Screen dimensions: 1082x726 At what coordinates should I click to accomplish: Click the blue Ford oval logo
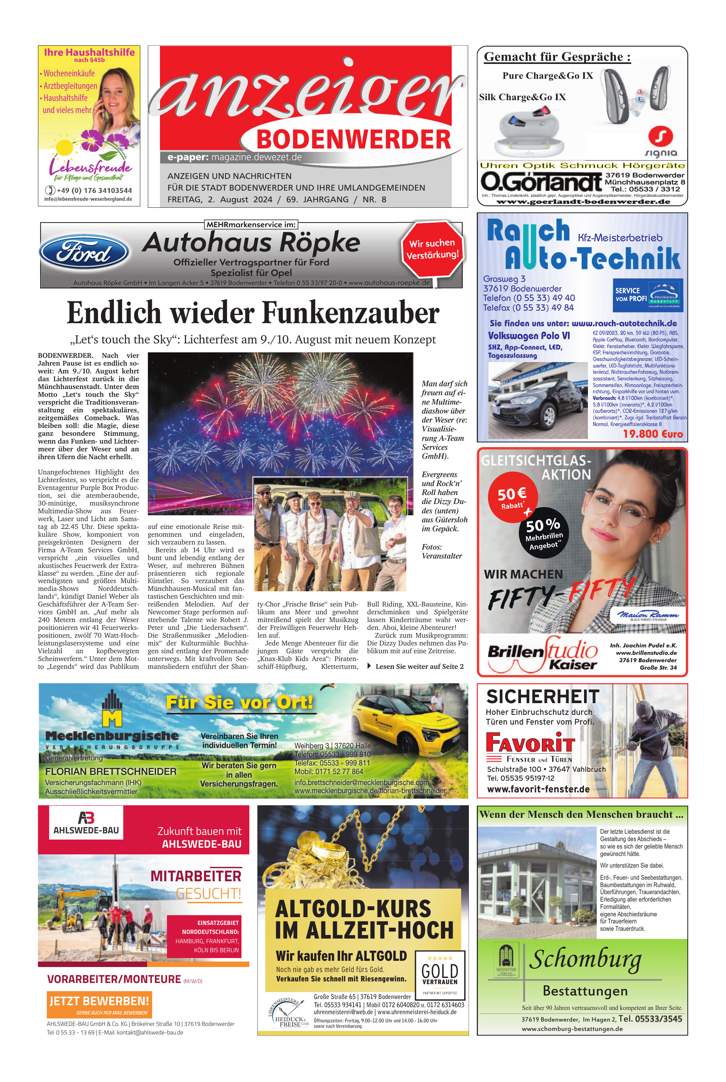coord(84,253)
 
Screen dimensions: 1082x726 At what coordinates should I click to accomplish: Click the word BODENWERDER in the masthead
coord(353,139)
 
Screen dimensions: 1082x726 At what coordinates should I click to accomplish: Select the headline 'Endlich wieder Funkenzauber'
coord(253,313)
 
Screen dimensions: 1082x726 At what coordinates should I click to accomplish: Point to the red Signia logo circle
coord(660,137)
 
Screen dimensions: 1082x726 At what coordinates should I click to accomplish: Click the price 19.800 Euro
coord(652,434)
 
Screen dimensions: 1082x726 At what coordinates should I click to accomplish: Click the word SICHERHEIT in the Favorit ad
coord(543,696)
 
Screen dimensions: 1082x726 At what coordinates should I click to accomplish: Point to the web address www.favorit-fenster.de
coord(538,789)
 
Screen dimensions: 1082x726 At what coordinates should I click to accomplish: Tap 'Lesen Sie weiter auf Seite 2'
coord(419,666)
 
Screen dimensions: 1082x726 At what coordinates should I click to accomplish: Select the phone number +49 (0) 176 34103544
coord(94,190)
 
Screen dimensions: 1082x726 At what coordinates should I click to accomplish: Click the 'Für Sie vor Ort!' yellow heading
coord(240,702)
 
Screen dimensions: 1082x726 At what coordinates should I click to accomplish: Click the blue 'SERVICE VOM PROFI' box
coord(647,295)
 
